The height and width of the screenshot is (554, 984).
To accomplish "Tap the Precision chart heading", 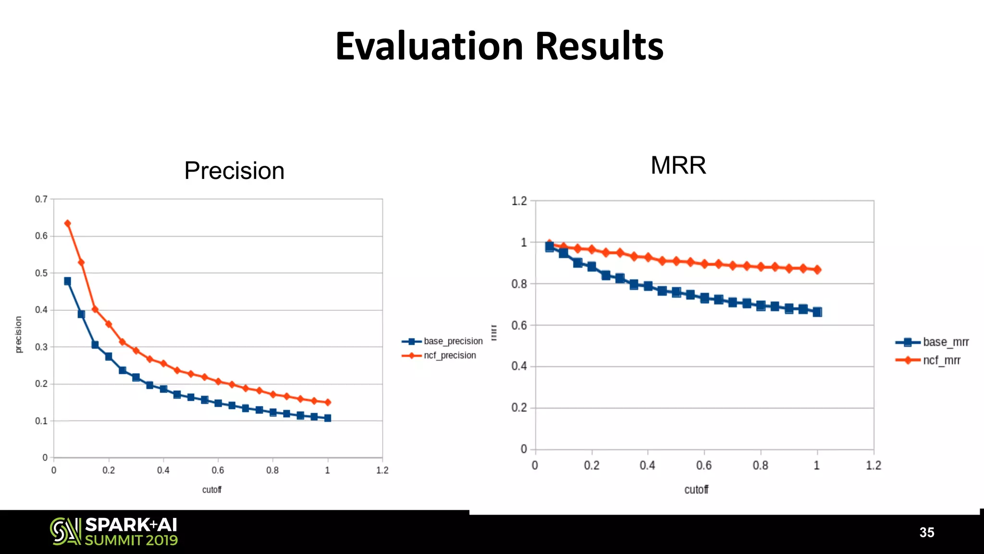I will tap(234, 171).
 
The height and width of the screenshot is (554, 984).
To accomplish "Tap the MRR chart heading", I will tap(678, 165).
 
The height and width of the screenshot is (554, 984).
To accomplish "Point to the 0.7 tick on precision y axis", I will tap(41, 199).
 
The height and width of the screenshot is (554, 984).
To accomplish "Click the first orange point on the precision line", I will tap(68, 224).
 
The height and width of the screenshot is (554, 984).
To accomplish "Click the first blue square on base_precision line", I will tap(68, 281).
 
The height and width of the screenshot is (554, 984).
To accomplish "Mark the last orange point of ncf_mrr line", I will tap(817, 270).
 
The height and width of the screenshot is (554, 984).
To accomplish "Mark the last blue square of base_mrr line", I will tap(817, 312).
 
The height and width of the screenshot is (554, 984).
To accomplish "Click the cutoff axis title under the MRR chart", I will tap(696, 490).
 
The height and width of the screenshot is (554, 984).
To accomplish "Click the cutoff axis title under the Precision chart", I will tap(212, 490).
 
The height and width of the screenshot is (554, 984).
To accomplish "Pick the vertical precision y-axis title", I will tap(19, 335).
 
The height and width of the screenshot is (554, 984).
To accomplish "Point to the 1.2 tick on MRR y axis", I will tap(519, 201).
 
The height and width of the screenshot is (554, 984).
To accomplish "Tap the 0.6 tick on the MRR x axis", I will tap(704, 466).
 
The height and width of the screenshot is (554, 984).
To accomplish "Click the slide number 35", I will tap(927, 532).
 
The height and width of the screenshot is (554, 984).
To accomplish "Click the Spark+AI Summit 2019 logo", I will tap(114, 531).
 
